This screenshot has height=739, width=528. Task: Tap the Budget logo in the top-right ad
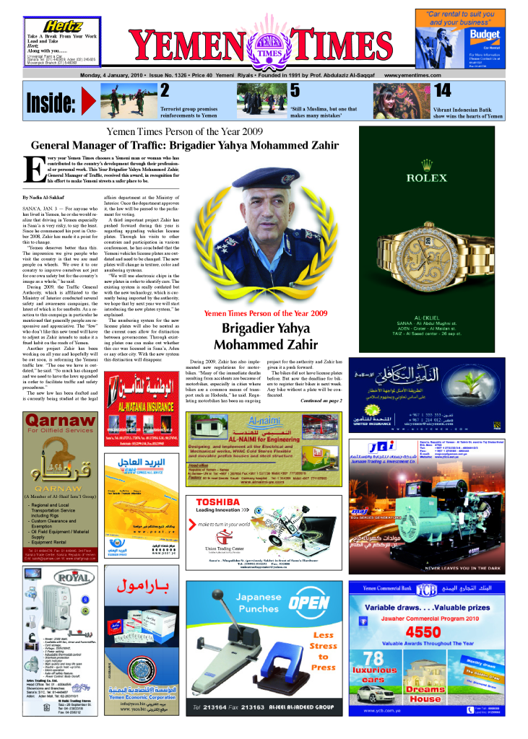pyautogui.click(x=488, y=34)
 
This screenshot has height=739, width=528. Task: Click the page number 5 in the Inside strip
pyautogui.click(x=295, y=91)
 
